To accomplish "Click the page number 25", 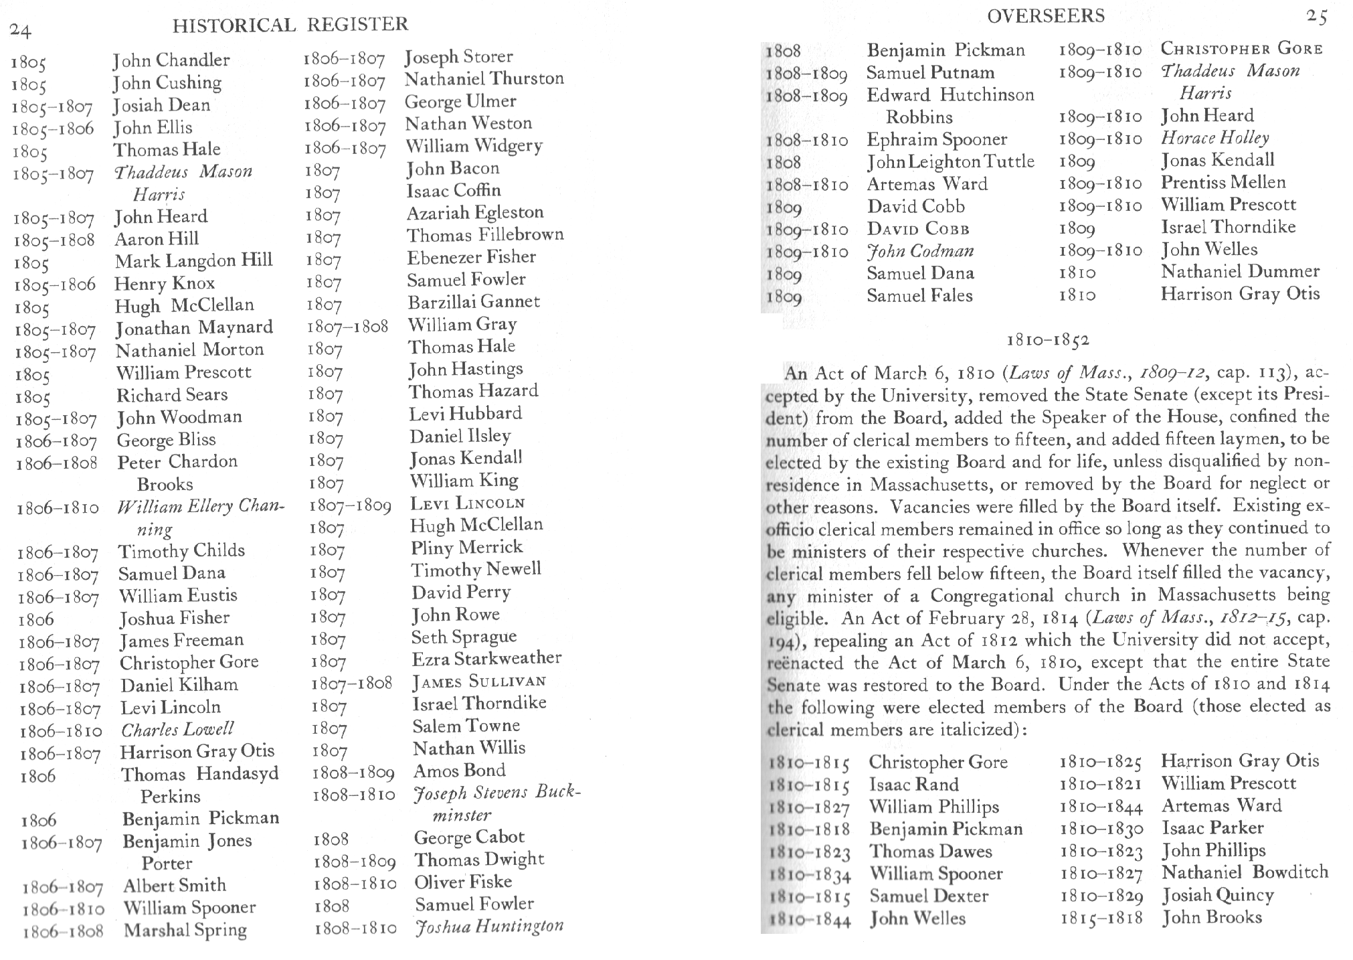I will click(1316, 17).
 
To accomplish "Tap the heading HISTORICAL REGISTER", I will click(290, 25).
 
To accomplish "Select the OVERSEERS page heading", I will click(1045, 16).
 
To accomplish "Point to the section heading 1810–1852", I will click(1048, 340).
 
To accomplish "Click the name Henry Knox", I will click(164, 283).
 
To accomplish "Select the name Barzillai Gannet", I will click(473, 301).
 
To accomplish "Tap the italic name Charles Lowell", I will click(177, 729).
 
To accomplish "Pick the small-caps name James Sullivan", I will click(479, 682).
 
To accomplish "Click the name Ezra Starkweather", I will click(486, 658).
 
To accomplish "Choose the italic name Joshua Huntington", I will click(489, 927).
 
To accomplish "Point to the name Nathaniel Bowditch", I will click(1245, 872).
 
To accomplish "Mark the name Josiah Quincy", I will click(1217, 894).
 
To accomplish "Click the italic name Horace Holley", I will click(1214, 138).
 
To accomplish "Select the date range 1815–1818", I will click(1101, 918).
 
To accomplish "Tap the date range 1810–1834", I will click(810, 875).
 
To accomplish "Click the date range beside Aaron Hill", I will click(54, 240).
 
